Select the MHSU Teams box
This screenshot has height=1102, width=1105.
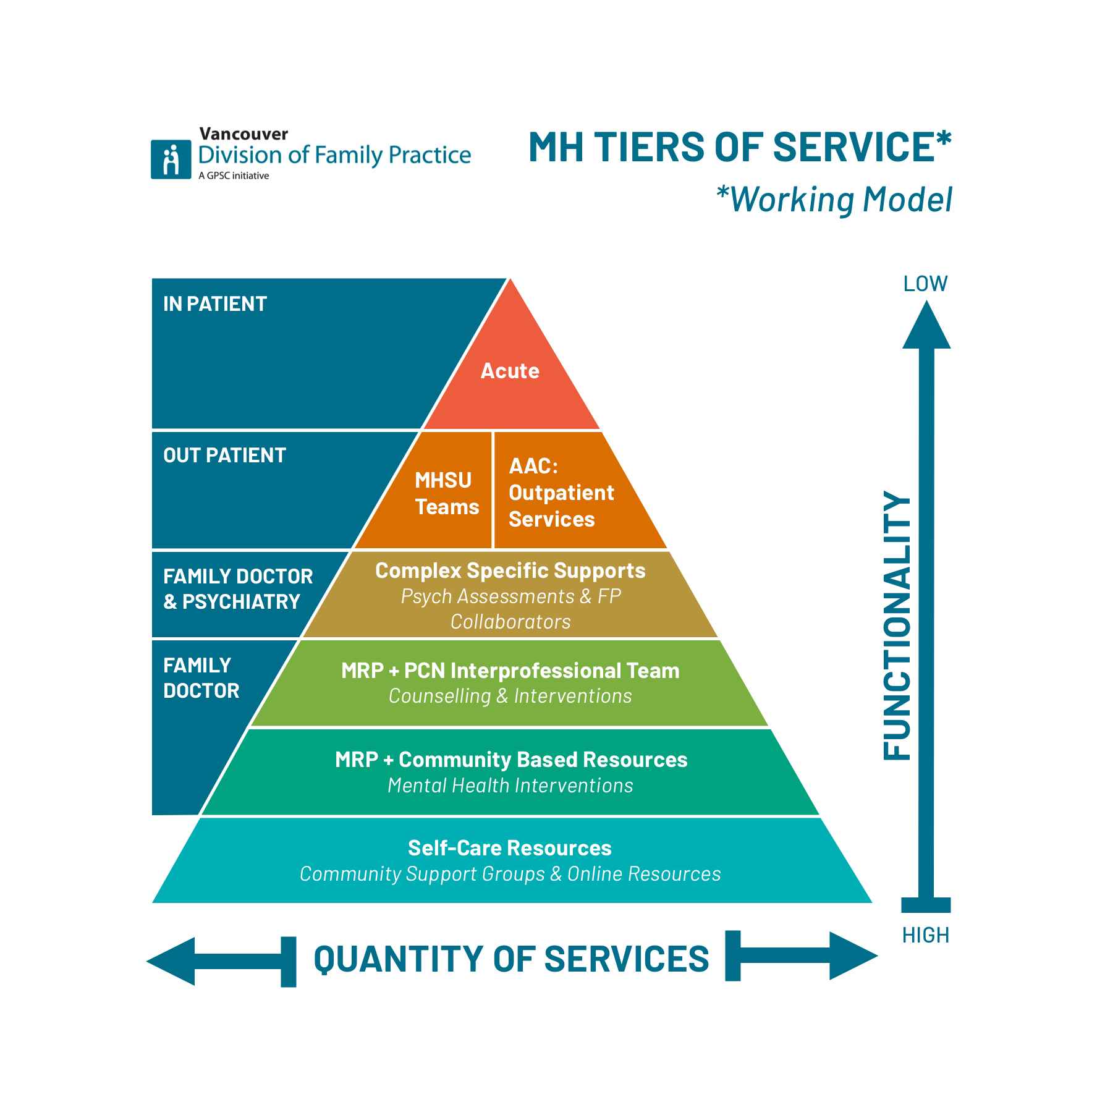click(446, 493)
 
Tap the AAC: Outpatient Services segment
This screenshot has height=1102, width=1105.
click(561, 493)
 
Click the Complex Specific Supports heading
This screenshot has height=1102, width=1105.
click(510, 570)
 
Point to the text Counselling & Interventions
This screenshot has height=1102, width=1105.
click(510, 697)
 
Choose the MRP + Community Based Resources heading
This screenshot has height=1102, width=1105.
click(510, 760)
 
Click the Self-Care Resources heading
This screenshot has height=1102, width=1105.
click(509, 848)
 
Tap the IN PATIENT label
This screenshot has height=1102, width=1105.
click(214, 304)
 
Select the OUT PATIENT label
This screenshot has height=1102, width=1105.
click(224, 456)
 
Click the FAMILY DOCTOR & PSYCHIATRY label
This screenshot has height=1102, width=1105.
click(237, 589)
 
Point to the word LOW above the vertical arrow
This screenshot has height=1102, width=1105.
click(925, 284)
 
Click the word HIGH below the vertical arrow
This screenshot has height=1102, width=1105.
click(925, 935)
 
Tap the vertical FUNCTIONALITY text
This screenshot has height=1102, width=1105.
click(897, 625)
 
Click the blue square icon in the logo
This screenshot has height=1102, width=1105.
click(171, 159)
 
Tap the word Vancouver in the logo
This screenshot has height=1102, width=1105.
click(243, 134)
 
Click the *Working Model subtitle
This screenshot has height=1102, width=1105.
click(834, 200)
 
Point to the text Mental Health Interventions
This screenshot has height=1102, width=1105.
click(510, 786)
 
